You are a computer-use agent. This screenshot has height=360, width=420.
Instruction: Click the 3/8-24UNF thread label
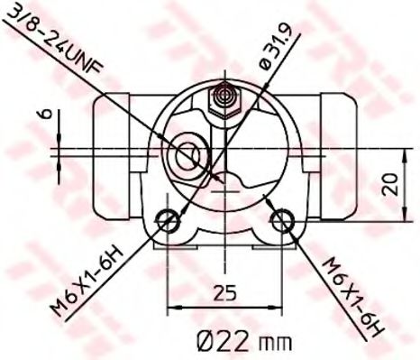55,38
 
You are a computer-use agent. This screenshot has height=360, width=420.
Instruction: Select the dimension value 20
390,184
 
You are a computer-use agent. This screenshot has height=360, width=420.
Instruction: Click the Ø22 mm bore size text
244,341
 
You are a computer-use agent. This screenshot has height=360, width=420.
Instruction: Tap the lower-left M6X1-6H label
87,282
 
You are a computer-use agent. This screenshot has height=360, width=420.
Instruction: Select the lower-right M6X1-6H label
352,297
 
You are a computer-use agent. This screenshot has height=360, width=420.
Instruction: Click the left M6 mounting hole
168,220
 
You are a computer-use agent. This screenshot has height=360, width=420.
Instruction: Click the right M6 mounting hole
282,220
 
